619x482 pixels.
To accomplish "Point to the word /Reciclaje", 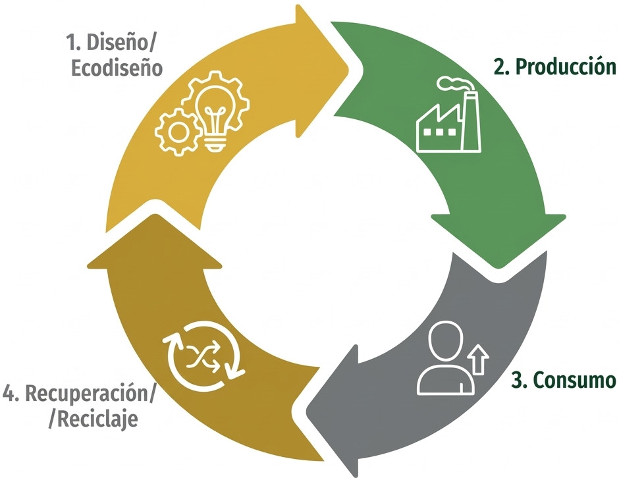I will click(94, 419).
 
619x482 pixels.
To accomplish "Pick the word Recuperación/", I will click(90, 393).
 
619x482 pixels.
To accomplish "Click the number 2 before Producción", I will click(500, 67).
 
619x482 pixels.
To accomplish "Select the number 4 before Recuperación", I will click(9, 393).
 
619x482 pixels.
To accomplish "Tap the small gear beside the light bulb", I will click(176, 132).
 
